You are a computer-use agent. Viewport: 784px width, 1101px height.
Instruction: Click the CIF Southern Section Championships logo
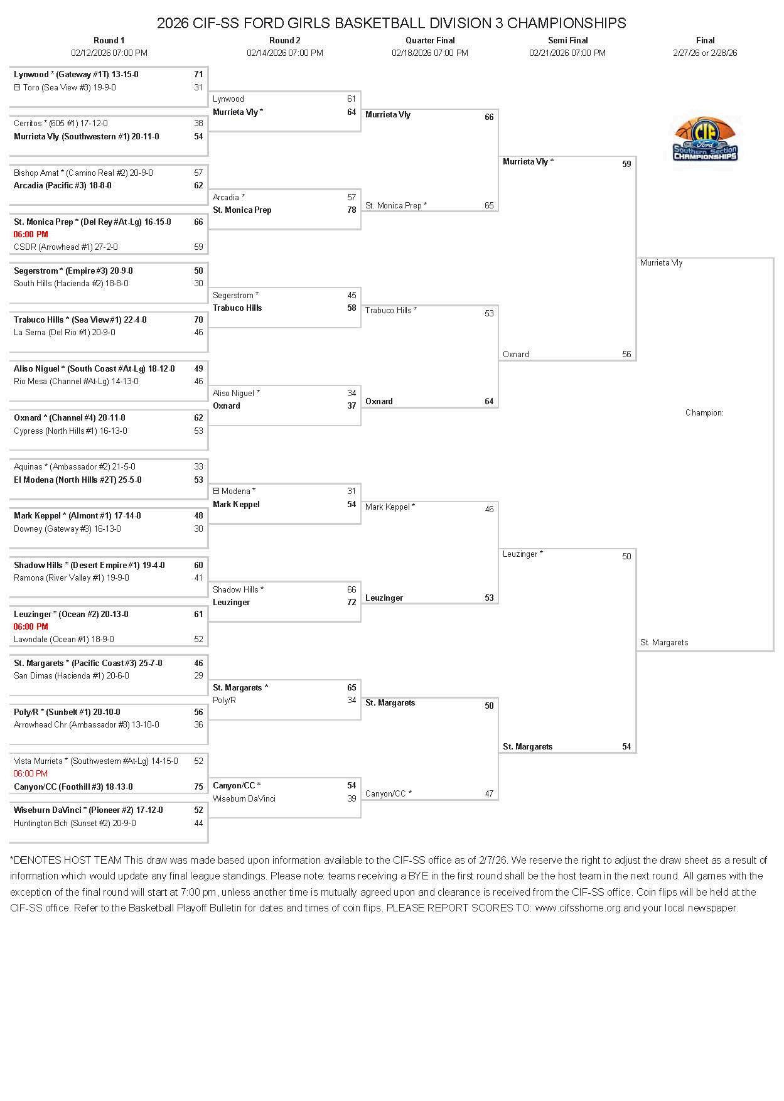pyautogui.click(x=705, y=139)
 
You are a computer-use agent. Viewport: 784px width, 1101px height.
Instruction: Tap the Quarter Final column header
pyautogui.click(x=430, y=40)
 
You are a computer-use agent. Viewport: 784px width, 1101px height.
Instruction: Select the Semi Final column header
pyautogui.click(x=567, y=40)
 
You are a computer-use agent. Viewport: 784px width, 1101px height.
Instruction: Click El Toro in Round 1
pyautogui.click(x=65, y=87)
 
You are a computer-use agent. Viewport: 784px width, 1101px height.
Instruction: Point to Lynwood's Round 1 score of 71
pyautogui.click(x=198, y=74)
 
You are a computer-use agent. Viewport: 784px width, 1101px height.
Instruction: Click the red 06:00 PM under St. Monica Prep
pyautogui.click(x=31, y=234)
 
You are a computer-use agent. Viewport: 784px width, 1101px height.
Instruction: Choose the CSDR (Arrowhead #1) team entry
pyautogui.click(x=65, y=247)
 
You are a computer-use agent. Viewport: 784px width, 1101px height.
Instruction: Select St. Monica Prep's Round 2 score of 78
pyautogui.click(x=352, y=210)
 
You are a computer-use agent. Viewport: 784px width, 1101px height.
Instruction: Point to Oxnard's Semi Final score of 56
pyautogui.click(x=626, y=354)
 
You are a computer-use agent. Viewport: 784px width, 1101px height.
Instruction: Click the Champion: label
pyautogui.click(x=704, y=412)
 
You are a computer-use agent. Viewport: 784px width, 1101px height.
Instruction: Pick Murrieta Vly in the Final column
pyautogui.click(x=661, y=262)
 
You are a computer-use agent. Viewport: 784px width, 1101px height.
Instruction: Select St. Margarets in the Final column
pyautogui.click(x=664, y=642)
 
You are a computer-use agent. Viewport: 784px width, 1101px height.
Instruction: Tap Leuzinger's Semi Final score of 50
pyautogui.click(x=626, y=556)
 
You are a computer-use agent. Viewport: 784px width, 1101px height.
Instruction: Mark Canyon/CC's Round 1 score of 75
pyautogui.click(x=198, y=787)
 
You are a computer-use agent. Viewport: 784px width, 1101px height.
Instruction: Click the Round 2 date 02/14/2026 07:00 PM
pyautogui.click(x=285, y=53)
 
